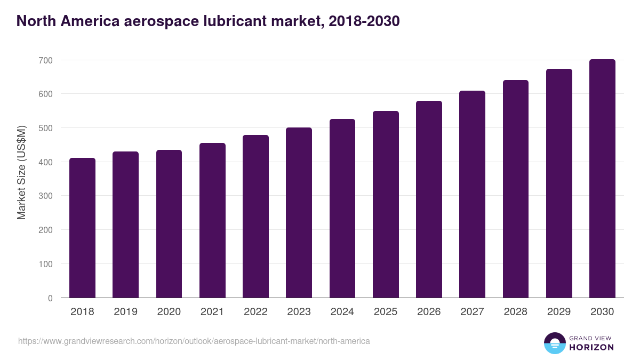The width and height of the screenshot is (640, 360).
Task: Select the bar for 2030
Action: (602, 179)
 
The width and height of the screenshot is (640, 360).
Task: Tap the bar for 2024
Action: (342, 209)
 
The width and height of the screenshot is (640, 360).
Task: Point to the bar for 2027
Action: (472, 194)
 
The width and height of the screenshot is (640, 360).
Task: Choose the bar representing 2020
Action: (169, 224)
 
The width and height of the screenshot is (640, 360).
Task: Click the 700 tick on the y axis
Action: (46, 60)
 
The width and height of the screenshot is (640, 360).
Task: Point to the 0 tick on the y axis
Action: (50, 298)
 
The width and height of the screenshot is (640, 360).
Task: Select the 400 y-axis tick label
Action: (46, 162)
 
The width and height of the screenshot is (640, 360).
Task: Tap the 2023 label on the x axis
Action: (299, 312)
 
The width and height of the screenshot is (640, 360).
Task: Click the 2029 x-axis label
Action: (559, 312)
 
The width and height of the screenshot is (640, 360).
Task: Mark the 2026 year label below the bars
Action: (429, 312)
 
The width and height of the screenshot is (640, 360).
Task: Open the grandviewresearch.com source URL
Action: (194, 341)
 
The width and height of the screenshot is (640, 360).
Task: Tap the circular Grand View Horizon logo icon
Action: (554, 343)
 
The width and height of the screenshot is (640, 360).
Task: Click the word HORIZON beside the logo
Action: (591, 347)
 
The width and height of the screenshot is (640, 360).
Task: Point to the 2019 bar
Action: (125, 225)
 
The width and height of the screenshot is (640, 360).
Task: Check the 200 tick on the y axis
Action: (46, 230)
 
